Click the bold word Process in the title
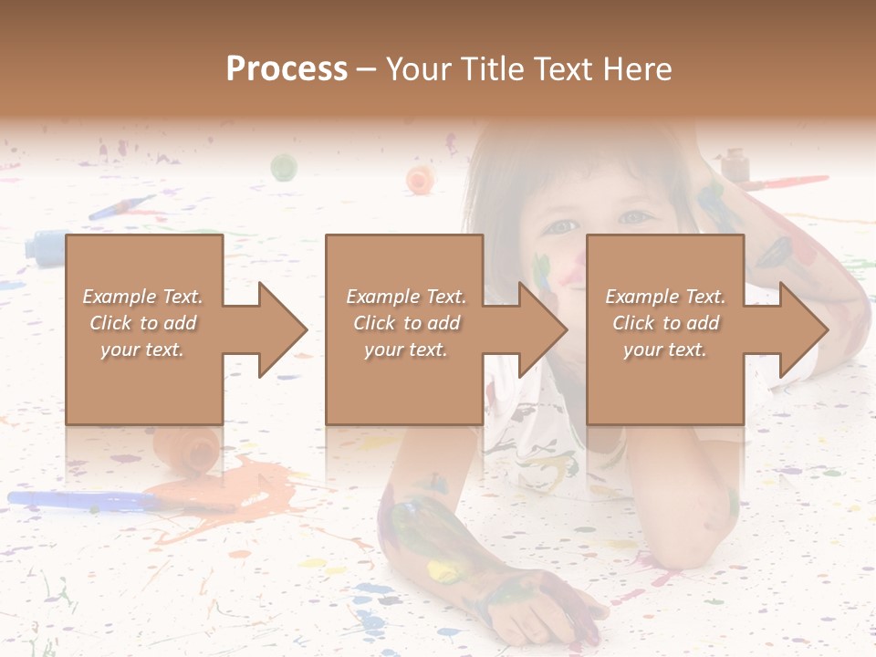[x=287, y=68]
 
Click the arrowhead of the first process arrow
[x=283, y=329]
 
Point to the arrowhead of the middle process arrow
[x=543, y=329]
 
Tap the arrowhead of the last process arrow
[x=804, y=329]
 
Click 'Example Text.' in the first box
[x=142, y=296]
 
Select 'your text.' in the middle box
[x=405, y=349]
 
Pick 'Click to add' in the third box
[x=665, y=323]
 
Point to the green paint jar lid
[x=284, y=167]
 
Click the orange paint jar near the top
[x=420, y=179]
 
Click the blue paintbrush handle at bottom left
[x=82, y=500]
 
